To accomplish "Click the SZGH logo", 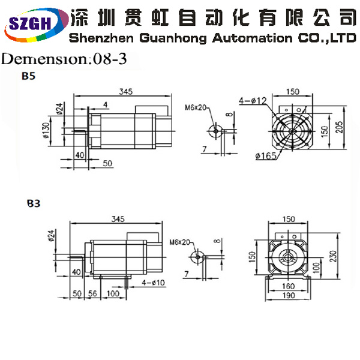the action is pos(36,25).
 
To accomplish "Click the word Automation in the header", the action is pos(253,38).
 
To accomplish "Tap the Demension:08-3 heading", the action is pos(64,59).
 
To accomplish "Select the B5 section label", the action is pos(28,76).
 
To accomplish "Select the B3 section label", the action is pos(34,203).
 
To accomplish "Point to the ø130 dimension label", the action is pos(46,130).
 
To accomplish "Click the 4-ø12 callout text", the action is pos(253,101).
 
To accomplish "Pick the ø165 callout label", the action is pos(266,156).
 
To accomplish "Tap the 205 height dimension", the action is pos(339,127).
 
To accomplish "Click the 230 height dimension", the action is pos(334,256).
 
